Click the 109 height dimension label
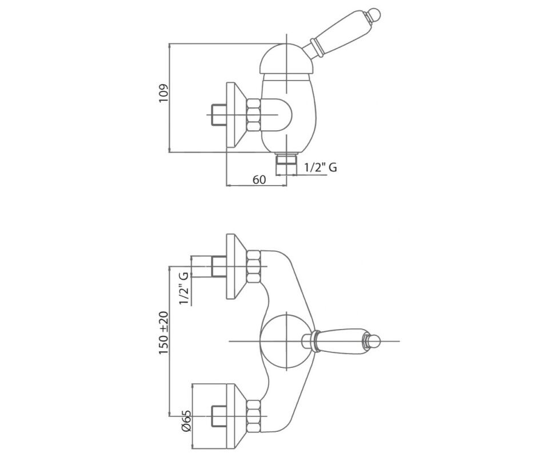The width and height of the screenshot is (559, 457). pos(163,94)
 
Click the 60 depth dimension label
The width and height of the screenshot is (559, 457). pos(259,179)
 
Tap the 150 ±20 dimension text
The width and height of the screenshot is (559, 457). pos(163,332)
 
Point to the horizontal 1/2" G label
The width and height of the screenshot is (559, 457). pos(321,167)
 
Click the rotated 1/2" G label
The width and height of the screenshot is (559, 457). pos(184,288)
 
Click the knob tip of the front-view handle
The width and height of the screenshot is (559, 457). pos(374,341)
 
